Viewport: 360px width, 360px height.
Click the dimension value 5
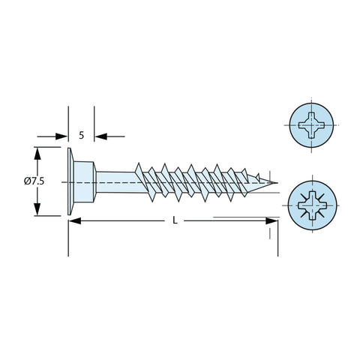tap(82, 136)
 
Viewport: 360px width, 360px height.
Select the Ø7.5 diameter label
tap(34, 181)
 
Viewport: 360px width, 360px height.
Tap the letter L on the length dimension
tap(175, 220)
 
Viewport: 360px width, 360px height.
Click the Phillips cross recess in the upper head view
tap(312, 125)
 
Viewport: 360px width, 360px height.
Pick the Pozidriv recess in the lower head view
tap(313, 205)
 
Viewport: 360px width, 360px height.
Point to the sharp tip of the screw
tap(277, 183)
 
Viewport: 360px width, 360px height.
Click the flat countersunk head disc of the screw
tap(70, 181)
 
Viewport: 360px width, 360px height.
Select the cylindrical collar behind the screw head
tap(85, 181)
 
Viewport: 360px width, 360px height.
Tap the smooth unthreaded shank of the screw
tap(116, 182)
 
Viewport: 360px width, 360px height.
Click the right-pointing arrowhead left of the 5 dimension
tap(61, 136)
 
